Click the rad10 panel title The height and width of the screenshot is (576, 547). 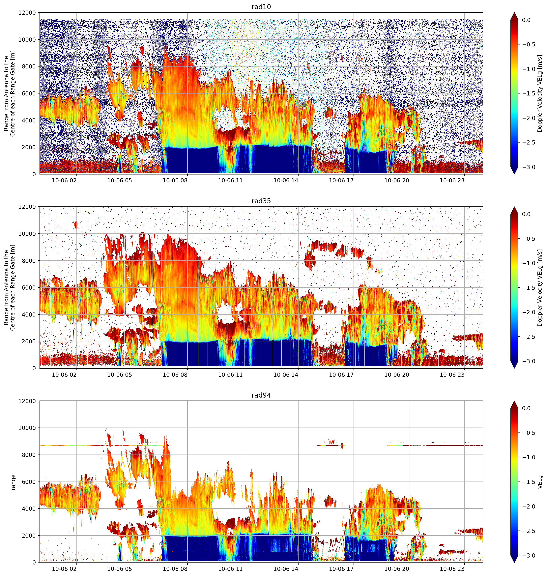pos(261,7)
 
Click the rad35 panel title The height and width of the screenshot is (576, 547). pos(261,201)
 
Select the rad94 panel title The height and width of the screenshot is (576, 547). pos(261,395)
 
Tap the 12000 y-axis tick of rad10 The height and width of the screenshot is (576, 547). pos(27,13)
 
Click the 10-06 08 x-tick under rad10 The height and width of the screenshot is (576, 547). pos(175,180)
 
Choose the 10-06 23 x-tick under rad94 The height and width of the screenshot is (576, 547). pos(452,569)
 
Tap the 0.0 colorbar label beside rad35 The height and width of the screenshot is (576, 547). pos(531,214)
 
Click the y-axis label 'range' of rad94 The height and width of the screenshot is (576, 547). pos(13,482)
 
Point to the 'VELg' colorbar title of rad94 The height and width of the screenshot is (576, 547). pos(540,482)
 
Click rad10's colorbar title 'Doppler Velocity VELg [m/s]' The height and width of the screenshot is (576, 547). pos(540,93)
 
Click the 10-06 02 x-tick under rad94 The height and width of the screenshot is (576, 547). pos(64,569)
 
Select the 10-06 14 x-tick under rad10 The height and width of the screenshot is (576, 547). pos(286,180)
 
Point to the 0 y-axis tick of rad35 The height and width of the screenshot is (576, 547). pos(34,368)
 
